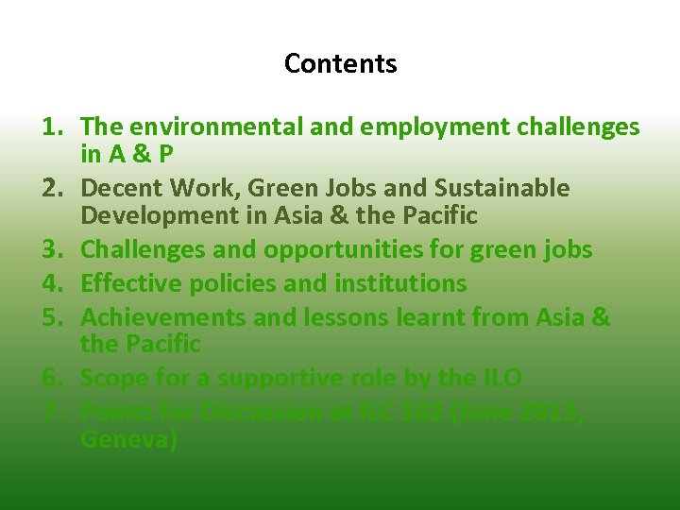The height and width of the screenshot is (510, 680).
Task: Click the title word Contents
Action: coord(340,64)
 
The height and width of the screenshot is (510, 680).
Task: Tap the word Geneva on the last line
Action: coord(128,440)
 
